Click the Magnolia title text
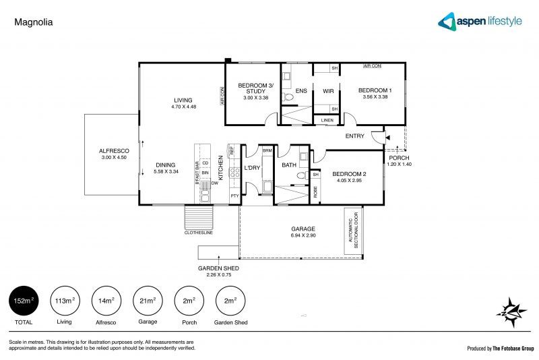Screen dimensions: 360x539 point(33,22)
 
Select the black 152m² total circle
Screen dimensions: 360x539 point(24,300)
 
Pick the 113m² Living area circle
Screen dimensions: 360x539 point(65,300)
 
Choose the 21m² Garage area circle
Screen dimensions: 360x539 point(147,300)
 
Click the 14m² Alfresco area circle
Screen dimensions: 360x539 point(106,300)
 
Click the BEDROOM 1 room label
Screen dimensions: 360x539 point(375,90)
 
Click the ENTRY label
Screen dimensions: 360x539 point(354,136)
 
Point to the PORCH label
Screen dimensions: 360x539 point(397,158)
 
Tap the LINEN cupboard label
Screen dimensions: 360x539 point(327,121)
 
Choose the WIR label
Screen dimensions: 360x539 point(329,91)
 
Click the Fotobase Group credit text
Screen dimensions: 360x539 point(501,349)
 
